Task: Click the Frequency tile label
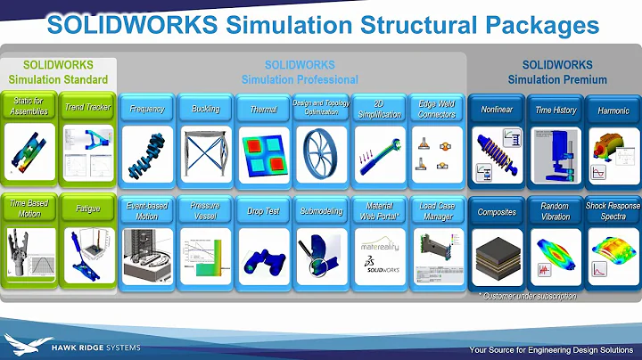[x=147, y=109]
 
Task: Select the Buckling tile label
[x=205, y=109]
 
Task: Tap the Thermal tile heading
[x=263, y=109]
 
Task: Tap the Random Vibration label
[x=554, y=211]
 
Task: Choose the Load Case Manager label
[x=436, y=211]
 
